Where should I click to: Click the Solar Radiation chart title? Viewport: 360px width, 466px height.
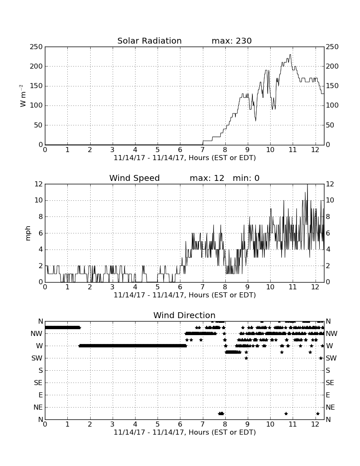(x=150, y=41)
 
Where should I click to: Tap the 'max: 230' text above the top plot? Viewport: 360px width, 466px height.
(x=232, y=41)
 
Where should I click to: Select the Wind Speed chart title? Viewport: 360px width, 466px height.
(x=135, y=178)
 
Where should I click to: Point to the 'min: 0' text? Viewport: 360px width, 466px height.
(x=246, y=178)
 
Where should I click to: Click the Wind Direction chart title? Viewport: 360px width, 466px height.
(x=184, y=315)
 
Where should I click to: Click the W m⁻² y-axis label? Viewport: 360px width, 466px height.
(x=22, y=95)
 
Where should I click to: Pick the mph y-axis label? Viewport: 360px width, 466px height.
(x=28, y=233)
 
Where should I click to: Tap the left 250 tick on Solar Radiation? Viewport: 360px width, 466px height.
(x=36, y=47)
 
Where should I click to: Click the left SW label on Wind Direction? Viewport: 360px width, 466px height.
(x=37, y=358)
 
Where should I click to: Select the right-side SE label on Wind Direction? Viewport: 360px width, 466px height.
(x=330, y=383)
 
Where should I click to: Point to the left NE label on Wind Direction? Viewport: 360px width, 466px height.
(x=38, y=408)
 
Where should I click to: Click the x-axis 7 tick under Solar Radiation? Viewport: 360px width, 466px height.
(x=202, y=150)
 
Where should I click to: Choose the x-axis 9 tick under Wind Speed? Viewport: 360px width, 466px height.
(x=248, y=287)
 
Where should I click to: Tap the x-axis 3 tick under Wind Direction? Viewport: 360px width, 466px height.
(x=112, y=424)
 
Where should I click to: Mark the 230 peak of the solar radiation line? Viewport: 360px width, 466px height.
(x=290, y=55)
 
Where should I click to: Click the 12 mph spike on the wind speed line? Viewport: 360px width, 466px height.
(x=307, y=185)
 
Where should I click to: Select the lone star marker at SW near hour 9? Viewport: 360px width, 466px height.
(x=246, y=358)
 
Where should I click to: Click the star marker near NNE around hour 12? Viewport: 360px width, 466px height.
(x=318, y=413)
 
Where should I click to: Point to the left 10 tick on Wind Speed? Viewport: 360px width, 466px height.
(x=39, y=200)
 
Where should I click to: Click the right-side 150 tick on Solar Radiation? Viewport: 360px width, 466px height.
(x=332, y=86)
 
